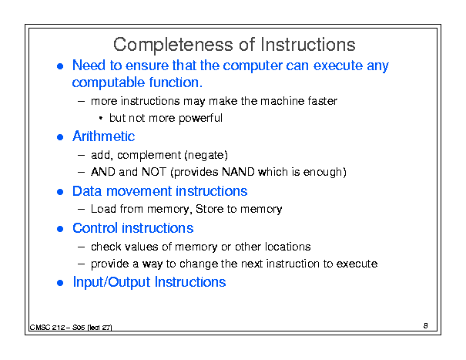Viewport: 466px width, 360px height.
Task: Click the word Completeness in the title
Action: tap(173, 45)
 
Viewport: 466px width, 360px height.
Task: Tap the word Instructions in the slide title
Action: tap(308, 45)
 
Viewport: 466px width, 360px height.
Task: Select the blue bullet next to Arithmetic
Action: tap(60, 137)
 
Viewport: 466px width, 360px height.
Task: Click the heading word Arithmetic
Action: tap(103, 136)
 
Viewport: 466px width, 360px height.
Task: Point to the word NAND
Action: tap(238, 172)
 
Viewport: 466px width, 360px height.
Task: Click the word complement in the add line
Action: tap(149, 155)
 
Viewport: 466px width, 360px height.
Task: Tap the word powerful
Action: tap(200, 119)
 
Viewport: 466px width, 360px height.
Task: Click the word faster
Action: tap(323, 101)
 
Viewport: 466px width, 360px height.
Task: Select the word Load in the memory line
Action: tap(103, 209)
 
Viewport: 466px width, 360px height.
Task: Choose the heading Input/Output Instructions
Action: tap(149, 282)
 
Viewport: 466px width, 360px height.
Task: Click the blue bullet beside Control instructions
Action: tap(60, 229)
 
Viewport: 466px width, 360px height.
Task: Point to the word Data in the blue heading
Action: tap(87, 191)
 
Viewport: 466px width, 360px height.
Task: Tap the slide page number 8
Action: tap(426, 326)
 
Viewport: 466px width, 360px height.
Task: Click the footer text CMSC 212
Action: tap(47, 328)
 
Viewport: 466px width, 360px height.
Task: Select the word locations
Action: tap(287, 247)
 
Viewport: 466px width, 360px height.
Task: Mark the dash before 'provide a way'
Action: tap(81, 264)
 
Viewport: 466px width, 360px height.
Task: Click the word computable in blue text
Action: tap(109, 82)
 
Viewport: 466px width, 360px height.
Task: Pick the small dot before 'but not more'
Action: tap(101, 119)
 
